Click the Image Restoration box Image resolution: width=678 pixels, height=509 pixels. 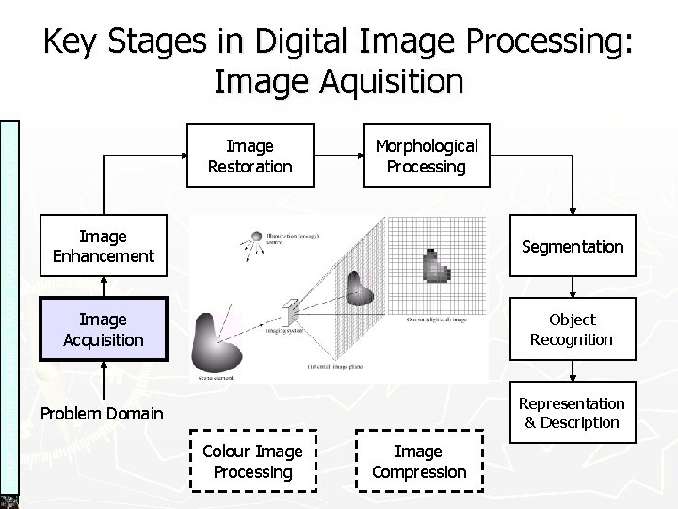(250, 156)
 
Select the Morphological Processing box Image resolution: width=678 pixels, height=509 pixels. (427, 156)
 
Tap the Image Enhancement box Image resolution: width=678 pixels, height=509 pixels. (104, 246)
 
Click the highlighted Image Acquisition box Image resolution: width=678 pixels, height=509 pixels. (104, 329)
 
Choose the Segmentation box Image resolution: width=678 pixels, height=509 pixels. (572, 246)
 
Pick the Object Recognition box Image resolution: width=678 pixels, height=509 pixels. (572, 329)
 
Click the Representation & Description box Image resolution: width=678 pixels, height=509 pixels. (572, 413)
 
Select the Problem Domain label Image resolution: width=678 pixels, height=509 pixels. (101, 413)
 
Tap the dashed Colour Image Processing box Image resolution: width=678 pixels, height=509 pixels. (251, 462)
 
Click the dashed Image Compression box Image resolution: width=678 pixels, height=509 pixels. (418, 462)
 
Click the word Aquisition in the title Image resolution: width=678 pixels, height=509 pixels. (386, 80)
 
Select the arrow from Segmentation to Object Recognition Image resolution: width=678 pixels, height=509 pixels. (572, 289)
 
